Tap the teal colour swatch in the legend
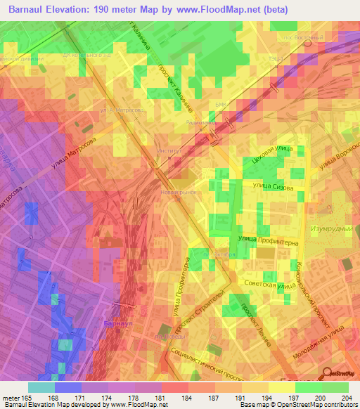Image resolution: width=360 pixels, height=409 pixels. (x=41, y=387)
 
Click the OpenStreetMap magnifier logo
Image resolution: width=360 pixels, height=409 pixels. (x=329, y=373)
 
